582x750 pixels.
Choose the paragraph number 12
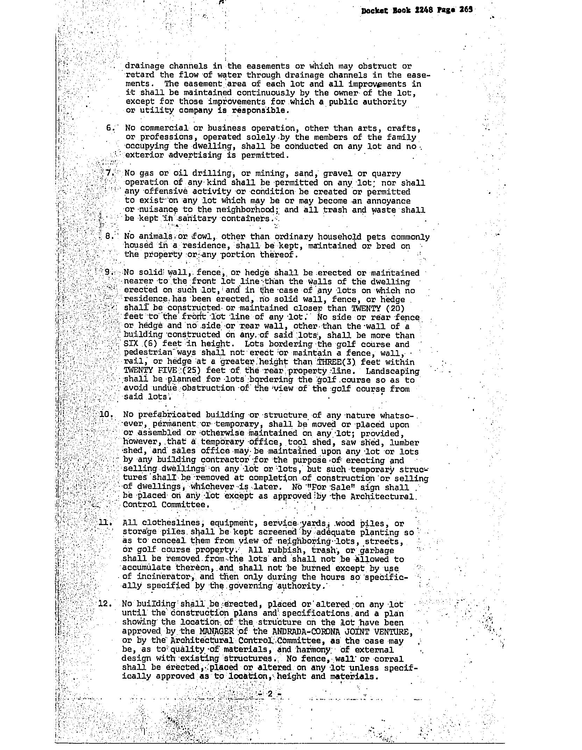click(x=105, y=604)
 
